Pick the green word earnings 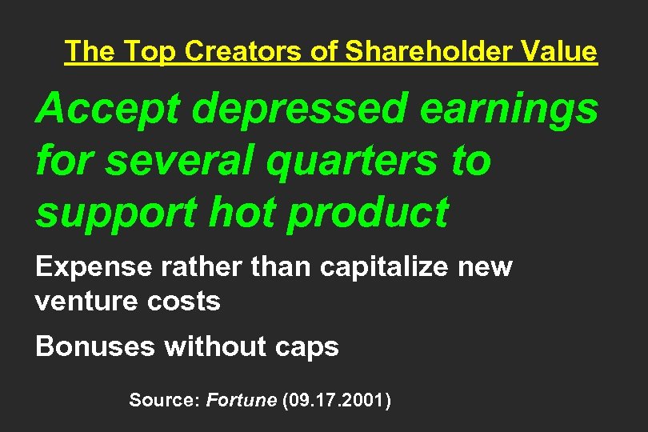click(x=508, y=110)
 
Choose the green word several click(x=178, y=161)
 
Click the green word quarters click(x=349, y=162)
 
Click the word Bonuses click(x=95, y=346)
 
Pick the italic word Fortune click(x=241, y=399)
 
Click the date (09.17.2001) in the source click(x=337, y=399)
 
